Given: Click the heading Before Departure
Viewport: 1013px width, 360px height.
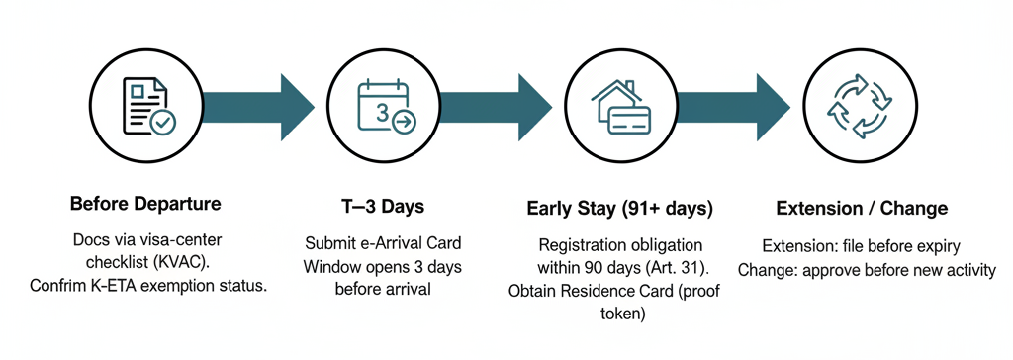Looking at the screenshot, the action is pyautogui.click(x=145, y=205).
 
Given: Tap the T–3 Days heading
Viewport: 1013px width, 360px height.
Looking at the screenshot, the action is pyautogui.click(x=383, y=207).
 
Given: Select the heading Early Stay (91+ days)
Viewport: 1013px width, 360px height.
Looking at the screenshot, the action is pyautogui.click(x=619, y=209).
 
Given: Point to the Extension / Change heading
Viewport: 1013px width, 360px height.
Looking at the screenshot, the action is pyautogui.click(x=862, y=208).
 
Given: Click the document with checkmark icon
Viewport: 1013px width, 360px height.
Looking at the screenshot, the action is pyautogui.click(x=149, y=106).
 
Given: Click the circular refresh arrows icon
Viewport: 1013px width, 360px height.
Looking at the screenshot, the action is pyautogui.click(x=859, y=107).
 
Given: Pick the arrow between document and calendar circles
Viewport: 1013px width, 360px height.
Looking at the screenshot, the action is pyautogui.click(x=258, y=107).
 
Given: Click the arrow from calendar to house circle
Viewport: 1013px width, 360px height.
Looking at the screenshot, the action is pyautogui.click(x=497, y=107).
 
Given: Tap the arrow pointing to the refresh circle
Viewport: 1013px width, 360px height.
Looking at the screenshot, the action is pyautogui.click(x=734, y=107).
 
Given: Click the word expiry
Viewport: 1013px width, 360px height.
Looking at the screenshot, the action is pyautogui.click(x=937, y=247).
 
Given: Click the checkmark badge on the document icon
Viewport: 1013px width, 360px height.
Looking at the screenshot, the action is pyautogui.click(x=162, y=122).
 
